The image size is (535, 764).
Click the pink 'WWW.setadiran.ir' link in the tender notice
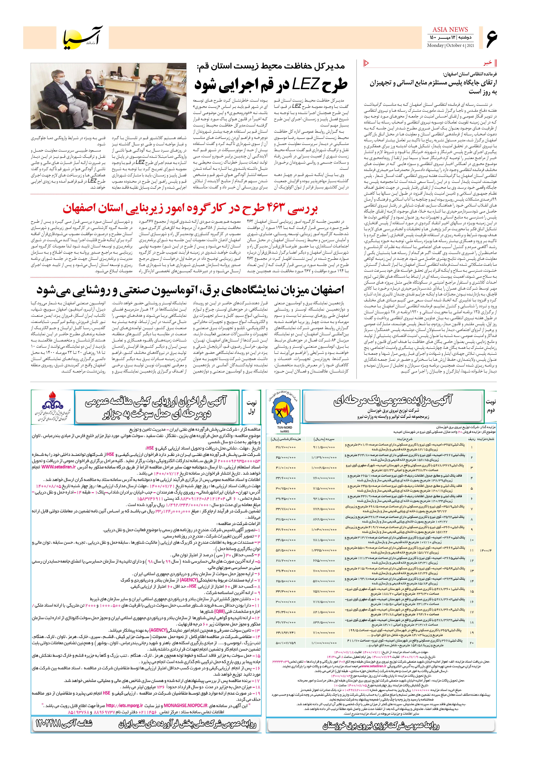(59, 467)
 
